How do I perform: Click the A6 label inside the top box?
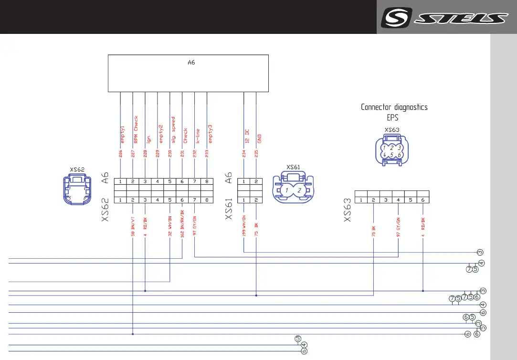pos(191,63)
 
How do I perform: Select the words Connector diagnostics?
pos(394,107)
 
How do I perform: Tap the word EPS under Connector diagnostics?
pos(392,117)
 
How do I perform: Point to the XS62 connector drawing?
pos(76,189)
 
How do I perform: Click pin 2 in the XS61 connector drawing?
pos(299,191)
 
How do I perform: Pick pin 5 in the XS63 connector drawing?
pos(391,155)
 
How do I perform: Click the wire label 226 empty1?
pos(121,142)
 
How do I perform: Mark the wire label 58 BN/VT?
pos(133,228)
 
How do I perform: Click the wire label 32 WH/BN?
pos(170,228)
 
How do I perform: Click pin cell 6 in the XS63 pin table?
pos(423,200)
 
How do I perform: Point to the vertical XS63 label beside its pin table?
pos(348,210)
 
